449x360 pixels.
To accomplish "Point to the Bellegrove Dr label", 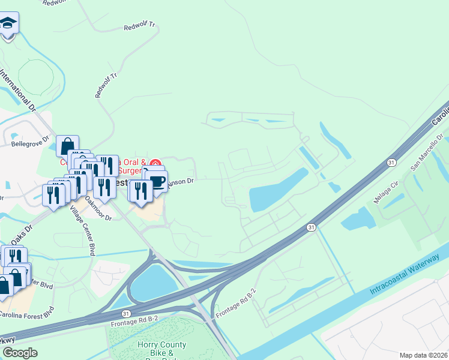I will pyautogui.click(x=29, y=144).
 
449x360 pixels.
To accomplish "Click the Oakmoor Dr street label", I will pyautogui.click(x=98, y=208).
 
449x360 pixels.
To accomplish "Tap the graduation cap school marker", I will pyautogui.click(x=8, y=24).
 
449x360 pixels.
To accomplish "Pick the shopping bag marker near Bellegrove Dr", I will pyautogui.click(x=67, y=146).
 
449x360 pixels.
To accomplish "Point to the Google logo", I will pyautogui.click(x=20, y=353).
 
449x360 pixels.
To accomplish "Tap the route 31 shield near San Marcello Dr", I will pyautogui.click(x=391, y=162).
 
